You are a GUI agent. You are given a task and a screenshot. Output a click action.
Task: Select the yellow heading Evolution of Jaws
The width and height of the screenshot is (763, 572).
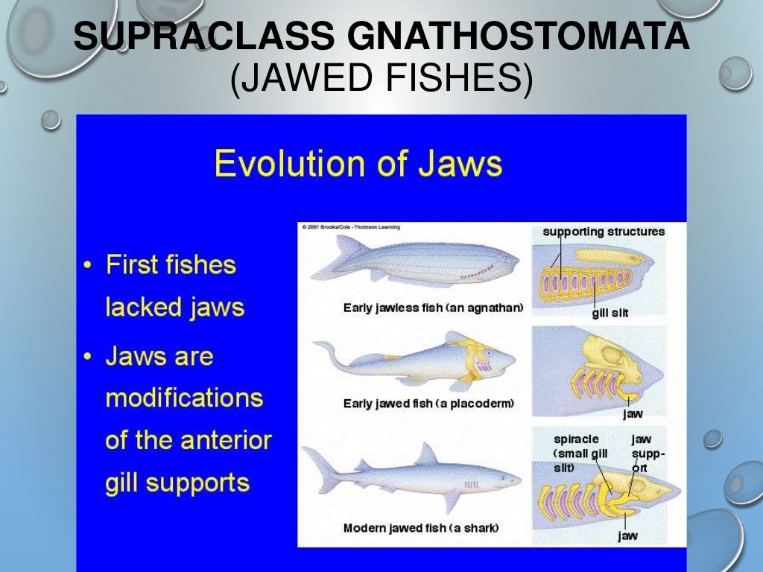[358, 164]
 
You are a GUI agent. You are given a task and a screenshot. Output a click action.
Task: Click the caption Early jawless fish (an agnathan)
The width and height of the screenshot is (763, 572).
[433, 308]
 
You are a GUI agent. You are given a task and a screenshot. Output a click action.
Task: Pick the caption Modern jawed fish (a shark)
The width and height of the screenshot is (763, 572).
[420, 528]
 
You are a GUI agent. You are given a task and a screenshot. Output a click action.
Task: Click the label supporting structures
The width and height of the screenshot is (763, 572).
[604, 232]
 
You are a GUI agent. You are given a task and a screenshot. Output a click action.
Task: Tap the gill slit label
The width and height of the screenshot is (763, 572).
[610, 313]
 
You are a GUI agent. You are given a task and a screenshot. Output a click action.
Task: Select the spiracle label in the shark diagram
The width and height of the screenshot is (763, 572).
[576, 439]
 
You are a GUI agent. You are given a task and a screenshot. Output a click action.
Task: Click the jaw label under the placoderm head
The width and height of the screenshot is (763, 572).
[633, 413]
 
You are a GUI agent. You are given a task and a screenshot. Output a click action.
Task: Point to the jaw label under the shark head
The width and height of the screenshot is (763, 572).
[627, 536]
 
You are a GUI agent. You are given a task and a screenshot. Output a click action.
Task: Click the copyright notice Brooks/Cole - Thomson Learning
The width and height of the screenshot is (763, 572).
[350, 226]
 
